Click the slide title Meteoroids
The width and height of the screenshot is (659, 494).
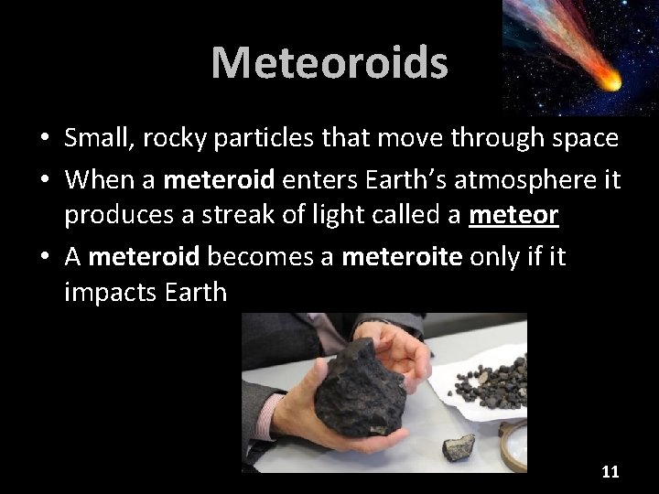[x=329, y=62]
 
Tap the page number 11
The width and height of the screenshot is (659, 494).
[x=610, y=472]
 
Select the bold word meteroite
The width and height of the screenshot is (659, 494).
[x=403, y=257]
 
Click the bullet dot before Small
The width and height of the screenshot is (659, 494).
[x=44, y=138]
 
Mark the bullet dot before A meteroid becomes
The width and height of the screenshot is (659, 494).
[x=44, y=258]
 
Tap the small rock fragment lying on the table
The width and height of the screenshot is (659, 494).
[x=459, y=447]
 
